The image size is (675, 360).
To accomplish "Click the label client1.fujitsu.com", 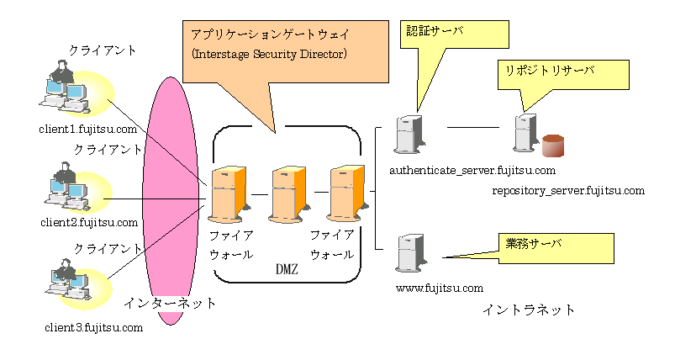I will (87, 129).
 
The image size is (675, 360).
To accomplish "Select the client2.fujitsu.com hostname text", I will (88, 222).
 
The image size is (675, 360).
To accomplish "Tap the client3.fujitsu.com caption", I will (94, 326).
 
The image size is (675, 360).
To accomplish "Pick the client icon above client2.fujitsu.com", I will (67, 190).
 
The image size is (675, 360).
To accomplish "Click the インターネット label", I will (170, 303).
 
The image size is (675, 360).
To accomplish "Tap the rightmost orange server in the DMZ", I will (345, 193).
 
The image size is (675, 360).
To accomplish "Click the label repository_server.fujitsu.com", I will (568, 191).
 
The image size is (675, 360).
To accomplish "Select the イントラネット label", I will (530, 310).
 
